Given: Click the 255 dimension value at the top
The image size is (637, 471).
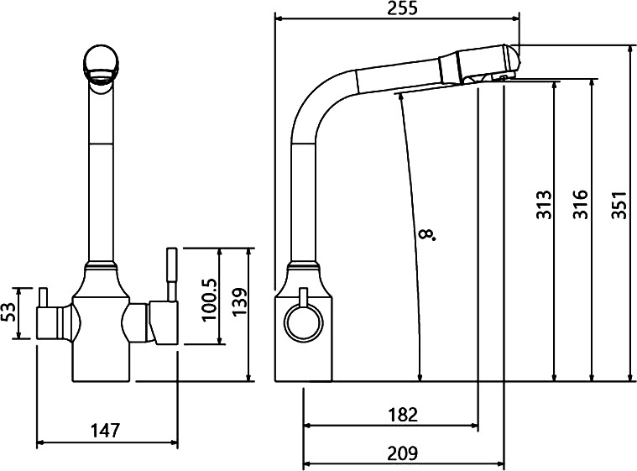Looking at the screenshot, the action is click(402, 8).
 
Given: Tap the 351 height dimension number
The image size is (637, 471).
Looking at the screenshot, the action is click(620, 204).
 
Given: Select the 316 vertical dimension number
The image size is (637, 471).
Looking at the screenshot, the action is click(581, 204).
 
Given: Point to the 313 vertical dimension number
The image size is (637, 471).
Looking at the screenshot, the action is click(544, 204).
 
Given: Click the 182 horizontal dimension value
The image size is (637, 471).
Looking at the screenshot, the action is click(403, 415).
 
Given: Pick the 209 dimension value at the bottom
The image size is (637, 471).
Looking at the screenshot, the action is click(403, 453).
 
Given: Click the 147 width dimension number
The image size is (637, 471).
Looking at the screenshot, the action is click(105, 431).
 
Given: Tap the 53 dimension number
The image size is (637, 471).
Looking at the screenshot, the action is click(10, 312).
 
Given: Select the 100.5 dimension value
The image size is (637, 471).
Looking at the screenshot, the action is click(210, 300).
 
